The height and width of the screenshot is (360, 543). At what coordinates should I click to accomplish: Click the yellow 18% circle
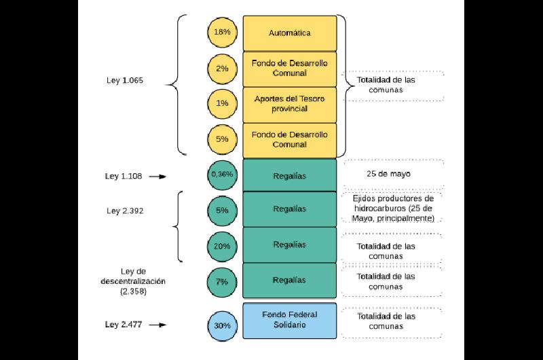tap(222, 33)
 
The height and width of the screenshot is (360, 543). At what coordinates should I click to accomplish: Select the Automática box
tap(290, 33)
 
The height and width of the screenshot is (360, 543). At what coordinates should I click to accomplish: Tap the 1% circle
tap(222, 104)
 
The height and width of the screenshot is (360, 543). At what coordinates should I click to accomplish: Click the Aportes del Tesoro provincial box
tap(290, 104)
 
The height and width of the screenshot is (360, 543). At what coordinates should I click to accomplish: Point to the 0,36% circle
tap(222, 175)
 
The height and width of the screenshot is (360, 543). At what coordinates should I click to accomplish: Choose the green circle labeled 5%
tap(222, 210)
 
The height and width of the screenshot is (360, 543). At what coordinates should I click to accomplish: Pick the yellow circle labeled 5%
tap(222, 140)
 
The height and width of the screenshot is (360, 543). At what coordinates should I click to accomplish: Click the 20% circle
tap(222, 246)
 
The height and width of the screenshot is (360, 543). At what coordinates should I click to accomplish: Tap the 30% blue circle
tap(222, 325)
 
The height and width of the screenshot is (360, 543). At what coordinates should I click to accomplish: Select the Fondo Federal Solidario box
tap(290, 320)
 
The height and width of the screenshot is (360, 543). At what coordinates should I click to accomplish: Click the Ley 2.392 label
tap(125, 211)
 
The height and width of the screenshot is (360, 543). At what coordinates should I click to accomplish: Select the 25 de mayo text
tap(389, 173)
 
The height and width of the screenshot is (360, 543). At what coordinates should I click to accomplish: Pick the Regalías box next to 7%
tap(290, 280)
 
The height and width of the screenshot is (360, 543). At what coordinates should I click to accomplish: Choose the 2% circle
tap(222, 69)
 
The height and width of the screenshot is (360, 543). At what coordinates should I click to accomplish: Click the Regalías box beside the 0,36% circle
tap(290, 176)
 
